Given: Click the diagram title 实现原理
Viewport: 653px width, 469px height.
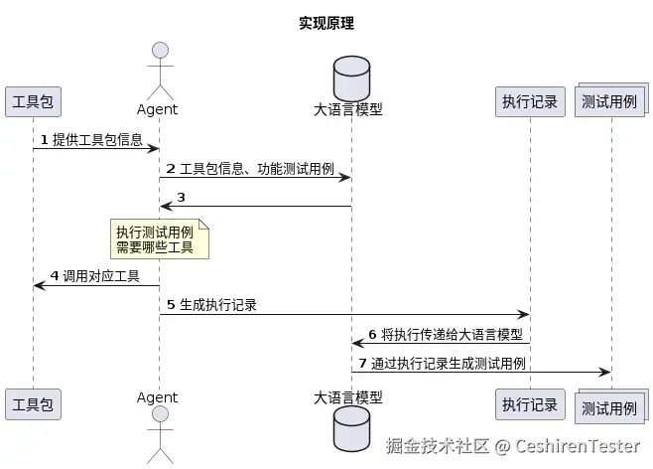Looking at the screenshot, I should (x=326, y=23).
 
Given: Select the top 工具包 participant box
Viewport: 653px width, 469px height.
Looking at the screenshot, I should (x=32, y=102).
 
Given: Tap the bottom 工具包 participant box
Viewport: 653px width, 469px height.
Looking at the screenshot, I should (x=32, y=404).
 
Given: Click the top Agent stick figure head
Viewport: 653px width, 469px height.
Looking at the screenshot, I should (x=160, y=52).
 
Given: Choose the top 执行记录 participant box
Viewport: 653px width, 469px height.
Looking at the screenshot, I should (x=530, y=102).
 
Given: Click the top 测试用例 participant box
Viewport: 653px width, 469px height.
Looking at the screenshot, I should (x=609, y=103).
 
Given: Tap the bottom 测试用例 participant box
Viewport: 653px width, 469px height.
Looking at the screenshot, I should (x=609, y=406).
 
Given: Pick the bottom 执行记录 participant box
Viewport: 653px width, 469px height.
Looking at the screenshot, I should (x=530, y=404).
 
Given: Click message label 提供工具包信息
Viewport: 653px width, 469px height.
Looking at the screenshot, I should (x=97, y=140).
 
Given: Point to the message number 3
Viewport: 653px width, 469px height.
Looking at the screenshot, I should (x=181, y=197).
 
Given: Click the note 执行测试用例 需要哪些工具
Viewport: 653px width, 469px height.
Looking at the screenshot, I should (x=160, y=239).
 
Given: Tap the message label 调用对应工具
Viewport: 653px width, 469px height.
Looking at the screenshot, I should (x=101, y=276).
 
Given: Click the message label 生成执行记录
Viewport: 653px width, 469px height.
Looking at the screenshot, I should (x=218, y=305).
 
